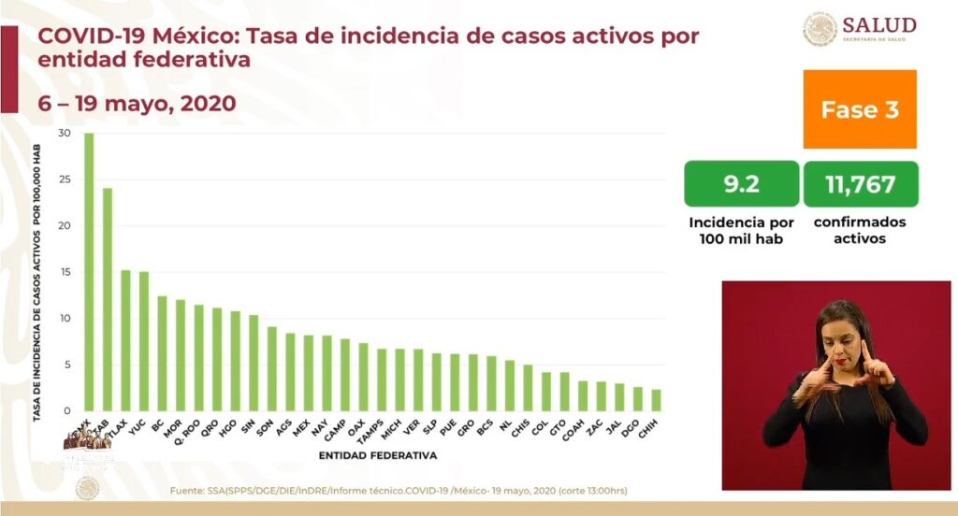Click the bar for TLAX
pyautogui.click(x=125, y=340)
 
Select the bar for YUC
pyautogui.click(x=144, y=341)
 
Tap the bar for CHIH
pyautogui.click(x=656, y=400)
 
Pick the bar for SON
pyautogui.click(x=271, y=368)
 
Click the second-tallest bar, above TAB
pyautogui.click(x=108, y=299)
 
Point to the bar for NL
pyautogui.click(x=510, y=385)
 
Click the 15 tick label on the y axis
pyautogui.click(x=64, y=272)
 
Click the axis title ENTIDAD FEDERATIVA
pyautogui.click(x=377, y=456)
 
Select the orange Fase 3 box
pyautogui.click(x=859, y=109)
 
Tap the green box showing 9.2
pyautogui.click(x=741, y=184)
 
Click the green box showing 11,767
pyautogui.click(x=860, y=184)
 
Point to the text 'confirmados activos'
pyautogui.click(x=860, y=230)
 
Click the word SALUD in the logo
pyautogui.click(x=878, y=25)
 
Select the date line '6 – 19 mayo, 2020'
pyautogui.click(x=137, y=102)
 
